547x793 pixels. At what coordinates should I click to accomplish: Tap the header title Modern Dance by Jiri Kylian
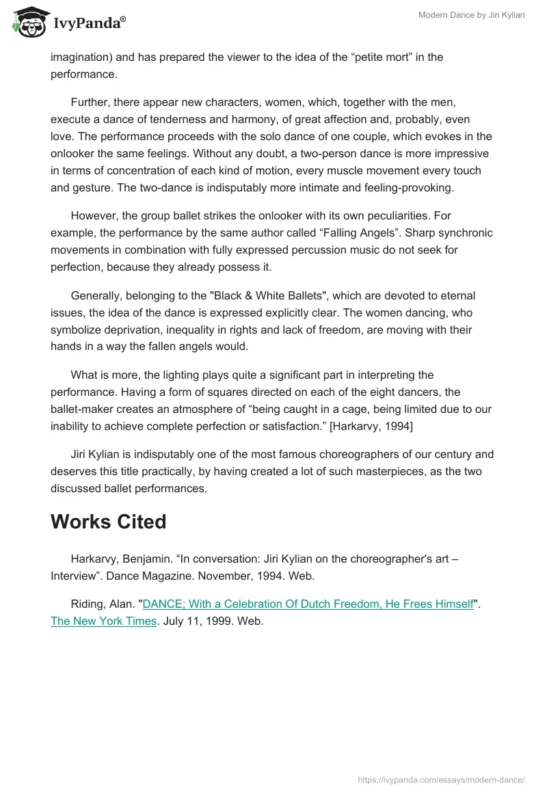(x=471, y=15)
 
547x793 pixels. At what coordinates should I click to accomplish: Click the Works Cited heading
(x=108, y=522)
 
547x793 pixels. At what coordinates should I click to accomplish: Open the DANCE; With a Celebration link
(x=308, y=604)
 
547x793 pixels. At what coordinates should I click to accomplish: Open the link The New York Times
(x=103, y=621)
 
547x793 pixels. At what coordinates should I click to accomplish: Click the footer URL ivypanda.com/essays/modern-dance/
(x=442, y=779)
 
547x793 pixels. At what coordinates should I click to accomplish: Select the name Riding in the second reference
(x=88, y=604)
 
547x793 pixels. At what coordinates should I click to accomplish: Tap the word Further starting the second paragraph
(x=91, y=102)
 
